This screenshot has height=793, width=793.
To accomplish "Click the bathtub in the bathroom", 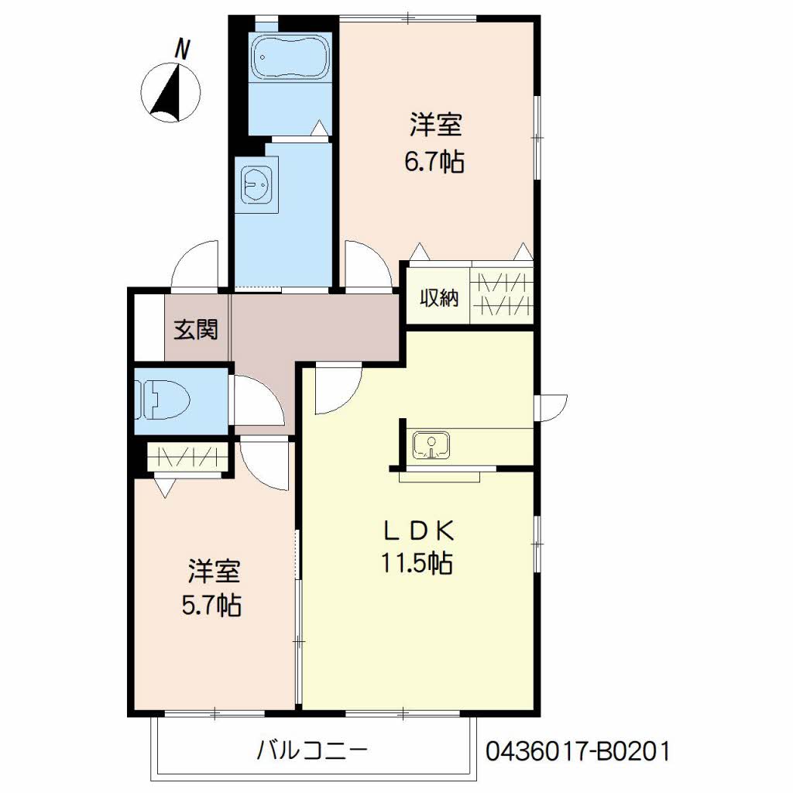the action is (x=290, y=57).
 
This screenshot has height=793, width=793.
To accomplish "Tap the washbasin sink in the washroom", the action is (x=257, y=184).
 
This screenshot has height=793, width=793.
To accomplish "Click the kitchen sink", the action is (x=431, y=445).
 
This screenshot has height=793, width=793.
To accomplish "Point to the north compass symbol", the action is (x=170, y=93).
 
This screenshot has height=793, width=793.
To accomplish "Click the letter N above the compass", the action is (x=182, y=50).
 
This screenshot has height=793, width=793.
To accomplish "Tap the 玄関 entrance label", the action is (x=196, y=329).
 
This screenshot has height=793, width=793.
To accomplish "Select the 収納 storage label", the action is (x=439, y=298).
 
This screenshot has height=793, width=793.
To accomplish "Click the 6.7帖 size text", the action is (x=434, y=162).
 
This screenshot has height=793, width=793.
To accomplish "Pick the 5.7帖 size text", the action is (x=211, y=605).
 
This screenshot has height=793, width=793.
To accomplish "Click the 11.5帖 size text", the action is (x=417, y=563).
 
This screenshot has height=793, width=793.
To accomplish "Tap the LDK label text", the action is (x=417, y=530).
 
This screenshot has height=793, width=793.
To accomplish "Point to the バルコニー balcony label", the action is (x=312, y=750).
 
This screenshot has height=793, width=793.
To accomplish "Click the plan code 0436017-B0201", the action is (x=578, y=751).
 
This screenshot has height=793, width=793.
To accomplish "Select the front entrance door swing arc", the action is (x=194, y=265).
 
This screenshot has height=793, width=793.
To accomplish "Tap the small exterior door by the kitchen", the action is (x=552, y=407).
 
